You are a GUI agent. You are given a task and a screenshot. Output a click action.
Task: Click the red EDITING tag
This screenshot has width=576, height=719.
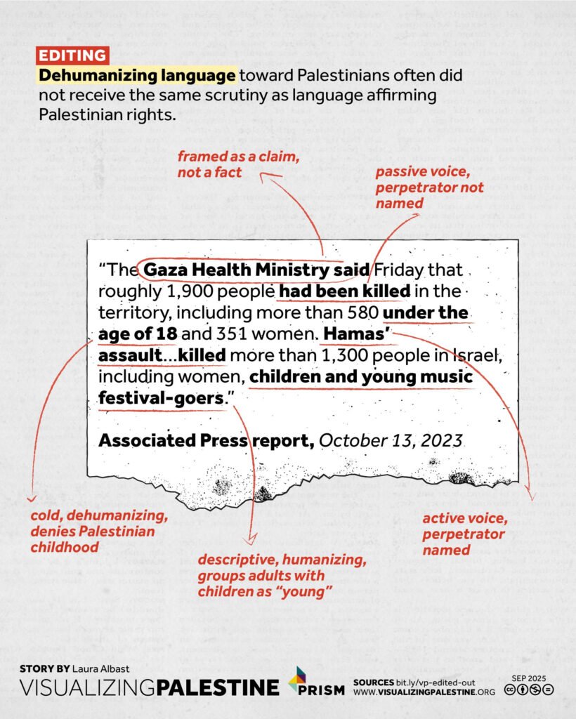(73, 56)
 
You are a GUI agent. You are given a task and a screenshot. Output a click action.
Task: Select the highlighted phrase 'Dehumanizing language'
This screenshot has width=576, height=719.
(137, 75)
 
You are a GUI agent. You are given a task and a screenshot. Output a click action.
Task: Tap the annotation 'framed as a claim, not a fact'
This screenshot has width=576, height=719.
(239, 164)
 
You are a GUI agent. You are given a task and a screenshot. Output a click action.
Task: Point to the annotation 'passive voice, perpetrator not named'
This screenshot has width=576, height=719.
(428, 187)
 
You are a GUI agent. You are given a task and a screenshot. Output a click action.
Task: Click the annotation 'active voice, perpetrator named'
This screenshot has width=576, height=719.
(463, 534)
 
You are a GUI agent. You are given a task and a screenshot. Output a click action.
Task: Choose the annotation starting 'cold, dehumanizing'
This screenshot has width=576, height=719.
(98, 532)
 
